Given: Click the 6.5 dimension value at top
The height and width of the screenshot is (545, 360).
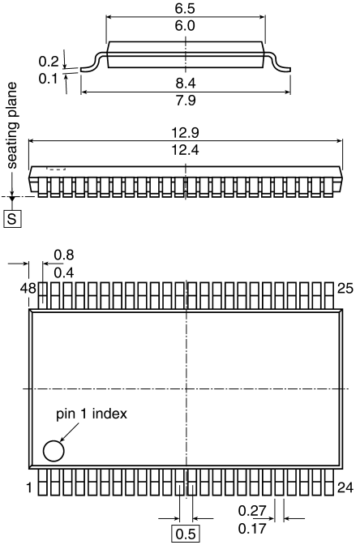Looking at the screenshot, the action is coord(185,9).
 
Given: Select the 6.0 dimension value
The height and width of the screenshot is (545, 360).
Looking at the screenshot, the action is coord(185,26).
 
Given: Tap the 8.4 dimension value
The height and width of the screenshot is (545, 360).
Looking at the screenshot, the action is coord(186,84).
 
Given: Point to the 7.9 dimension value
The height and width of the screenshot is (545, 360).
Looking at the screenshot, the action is coord(186,101).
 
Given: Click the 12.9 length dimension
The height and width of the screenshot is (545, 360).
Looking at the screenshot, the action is coord(185,133).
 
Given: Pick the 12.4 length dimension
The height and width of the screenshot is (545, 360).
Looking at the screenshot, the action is coord(185,150).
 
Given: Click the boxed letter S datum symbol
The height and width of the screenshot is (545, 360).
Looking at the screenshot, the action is coord(12,219).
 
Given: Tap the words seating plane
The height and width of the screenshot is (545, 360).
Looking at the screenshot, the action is coord(12,126).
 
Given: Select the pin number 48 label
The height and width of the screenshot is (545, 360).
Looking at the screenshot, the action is coord(28,289).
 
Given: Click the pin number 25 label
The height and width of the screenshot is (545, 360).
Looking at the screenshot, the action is coord(345,289).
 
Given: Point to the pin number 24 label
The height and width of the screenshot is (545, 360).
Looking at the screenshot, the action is coord(345,487).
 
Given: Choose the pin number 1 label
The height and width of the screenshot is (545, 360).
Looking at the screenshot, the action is coord(29,487).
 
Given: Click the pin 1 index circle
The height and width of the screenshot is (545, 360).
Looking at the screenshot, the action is coord(54,451).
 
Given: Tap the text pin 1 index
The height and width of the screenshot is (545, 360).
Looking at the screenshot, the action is coord(92,414).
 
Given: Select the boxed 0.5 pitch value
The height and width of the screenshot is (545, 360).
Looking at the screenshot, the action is coord(186,534).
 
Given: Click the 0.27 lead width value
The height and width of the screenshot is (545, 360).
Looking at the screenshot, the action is coord(252,511).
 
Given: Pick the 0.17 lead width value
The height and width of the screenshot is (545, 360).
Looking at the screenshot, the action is coord(252,529).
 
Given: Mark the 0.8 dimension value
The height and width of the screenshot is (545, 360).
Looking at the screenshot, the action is coord(64,255).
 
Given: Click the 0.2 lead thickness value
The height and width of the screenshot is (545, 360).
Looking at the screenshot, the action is coord(49,62).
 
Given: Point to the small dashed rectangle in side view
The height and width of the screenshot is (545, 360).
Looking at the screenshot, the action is coord(56,169).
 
